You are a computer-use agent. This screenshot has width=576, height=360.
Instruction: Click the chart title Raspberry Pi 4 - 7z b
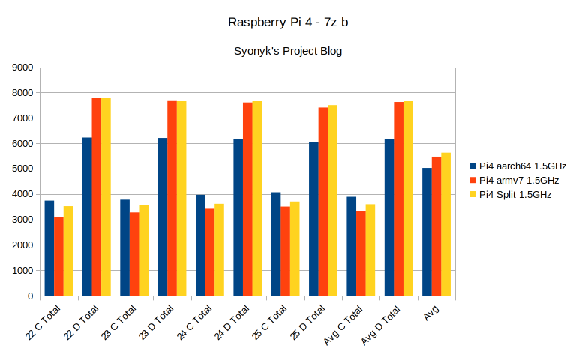coord(288,22)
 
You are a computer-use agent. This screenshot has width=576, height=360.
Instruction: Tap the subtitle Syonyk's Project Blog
coord(288,51)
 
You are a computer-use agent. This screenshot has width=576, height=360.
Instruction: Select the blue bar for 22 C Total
coord(49,248)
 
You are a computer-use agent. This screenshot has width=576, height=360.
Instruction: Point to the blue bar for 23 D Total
coord(163,217)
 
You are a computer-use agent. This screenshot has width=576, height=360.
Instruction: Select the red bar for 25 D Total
coord(323,202)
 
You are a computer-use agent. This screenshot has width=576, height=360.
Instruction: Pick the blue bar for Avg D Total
coord(389,217)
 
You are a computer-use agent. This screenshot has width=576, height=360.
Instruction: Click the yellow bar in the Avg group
coord(446,224)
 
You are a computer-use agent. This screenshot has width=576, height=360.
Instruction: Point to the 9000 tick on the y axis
coord(23,67)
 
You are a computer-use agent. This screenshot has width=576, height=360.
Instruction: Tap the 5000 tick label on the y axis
coord(23,169)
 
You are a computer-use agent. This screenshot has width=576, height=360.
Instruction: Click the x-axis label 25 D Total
coord(312,319)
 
